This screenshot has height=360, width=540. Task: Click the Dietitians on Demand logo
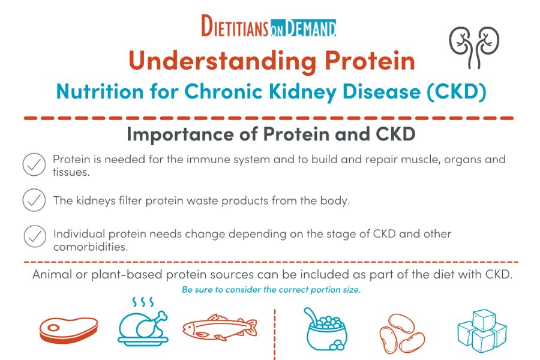[269, 27]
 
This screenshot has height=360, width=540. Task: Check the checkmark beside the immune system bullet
[34, 164]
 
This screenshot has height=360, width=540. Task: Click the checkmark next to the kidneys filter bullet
[34, 200]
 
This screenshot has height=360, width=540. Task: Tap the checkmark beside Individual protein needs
[34, 236]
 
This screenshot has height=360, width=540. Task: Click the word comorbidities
[91, 247]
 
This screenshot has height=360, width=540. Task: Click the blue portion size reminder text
[271, 290]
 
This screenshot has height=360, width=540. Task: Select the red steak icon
[68, 328]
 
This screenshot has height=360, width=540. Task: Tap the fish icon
[219, 328]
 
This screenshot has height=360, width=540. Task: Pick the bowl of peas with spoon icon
[323, 329]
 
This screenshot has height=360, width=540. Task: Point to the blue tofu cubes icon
[481, 331]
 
